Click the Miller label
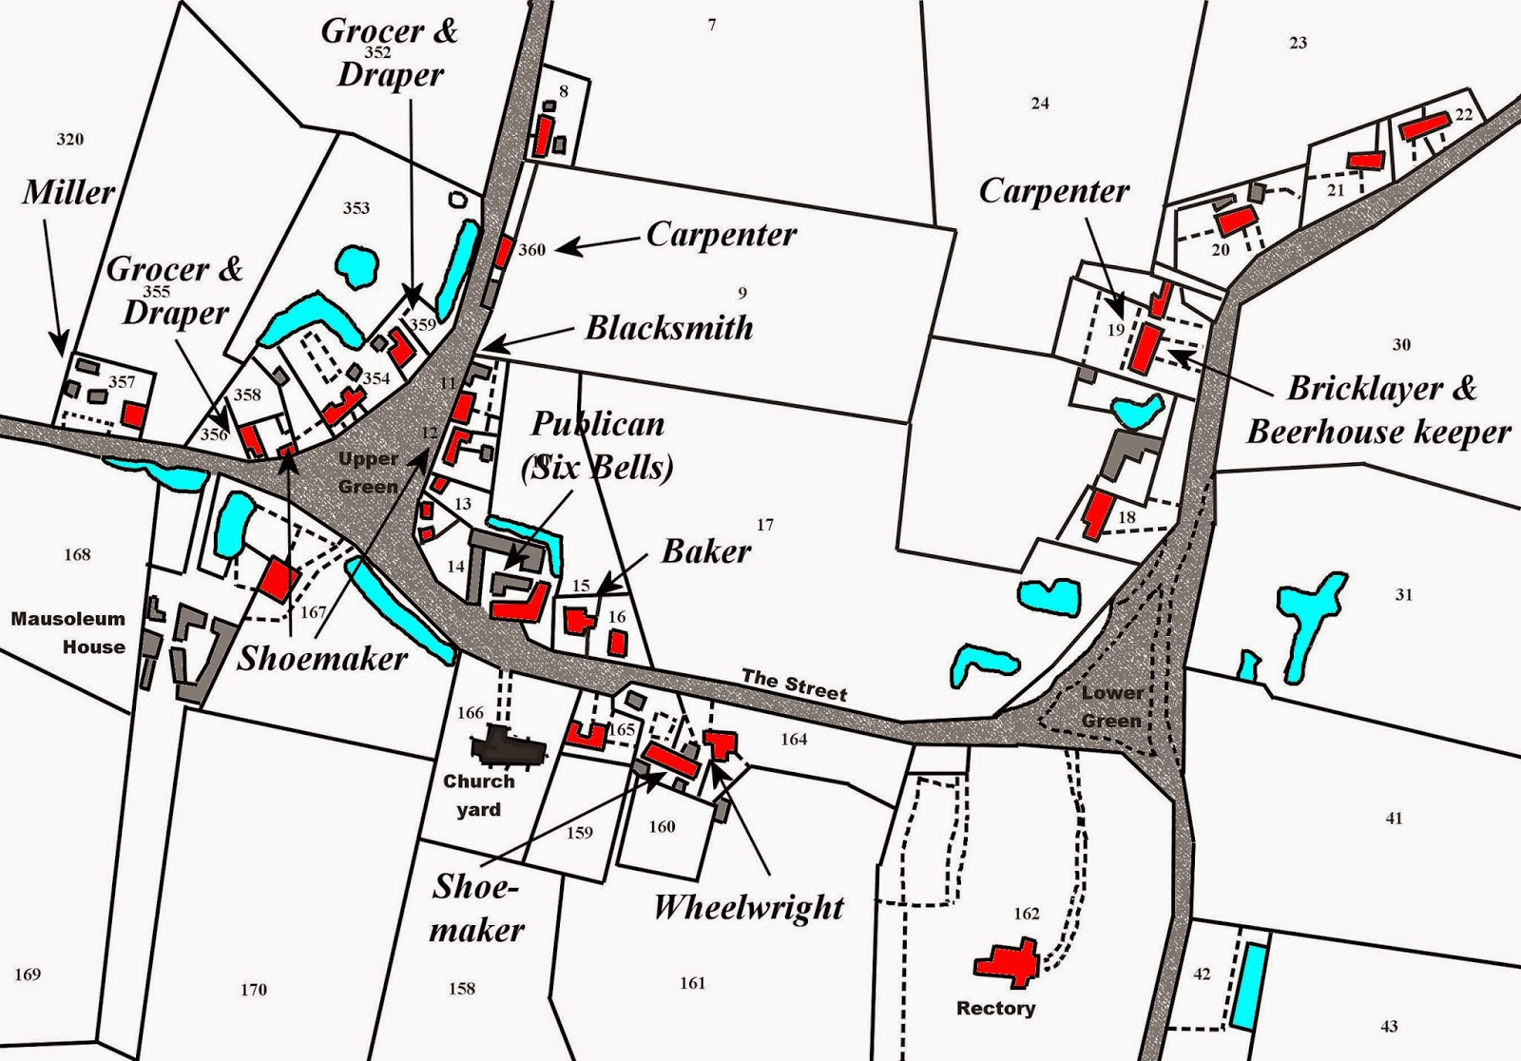pyautogui.click(x=68, y=193)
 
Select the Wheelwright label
pyautogui.click(x=749, y=908)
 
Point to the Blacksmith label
pyautogui.click(x=669, y=328)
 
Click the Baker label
pyautogui.click(x=706, y=551)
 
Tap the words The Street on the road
pyautogui.click(x=794, y=685)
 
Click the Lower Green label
pyautogui.click(x=1110, y=706)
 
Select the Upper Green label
pyautogui.click(x=368, y=473)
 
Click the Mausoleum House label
pyautogui.click(x=68, y=633)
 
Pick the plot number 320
pyautogui.click(x=69, y=140)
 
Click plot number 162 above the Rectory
pyautogui.click(x=1026, y=914)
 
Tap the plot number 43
pyautogui.click(x=1389, y=1026)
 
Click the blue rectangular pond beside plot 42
pyautogui.click(x=1249, y=987)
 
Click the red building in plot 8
pyautogui.click(x=542, y=136)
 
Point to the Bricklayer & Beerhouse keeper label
pyautogui.click(x=1378, y=411)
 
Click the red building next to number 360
pyautogui.click(x=504, y=251)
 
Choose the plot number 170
pyautogui.click(x=253, y=990)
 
